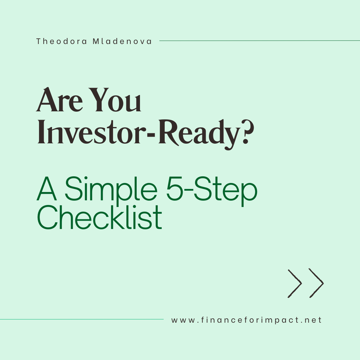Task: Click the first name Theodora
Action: [x=62, y=41]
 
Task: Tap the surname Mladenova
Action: [x=122, y=41]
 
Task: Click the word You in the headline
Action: [x=115, y=100]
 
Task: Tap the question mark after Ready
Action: [x=247, y=132]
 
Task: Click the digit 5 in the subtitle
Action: [x=174, y=189]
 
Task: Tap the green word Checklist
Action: [x=99, y=217]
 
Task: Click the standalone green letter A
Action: [x=47, y=189]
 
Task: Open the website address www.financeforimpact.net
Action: [x=246, y=320]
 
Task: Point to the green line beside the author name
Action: [x=260, y=41]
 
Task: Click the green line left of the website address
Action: [x=82, y=319]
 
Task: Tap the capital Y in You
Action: [x=99, y=100]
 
